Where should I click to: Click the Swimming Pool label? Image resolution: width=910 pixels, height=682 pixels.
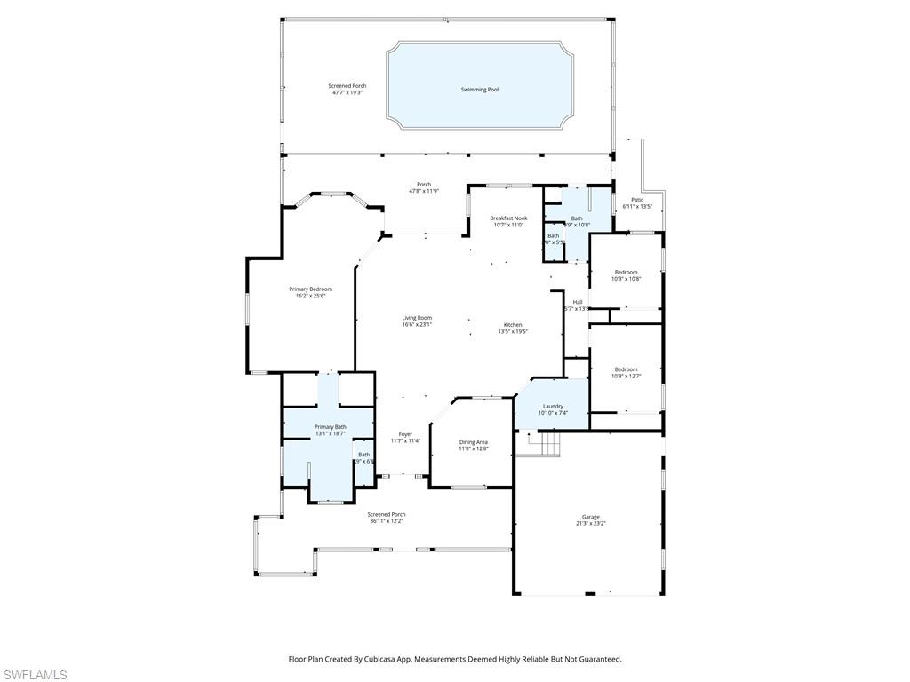click(x=479, y=90)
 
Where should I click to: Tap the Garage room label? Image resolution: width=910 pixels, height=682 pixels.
click(x=591, y=517)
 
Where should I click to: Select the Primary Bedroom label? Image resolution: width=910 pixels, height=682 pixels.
click(x=310, y=289)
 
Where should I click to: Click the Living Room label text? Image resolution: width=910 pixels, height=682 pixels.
click(x=417, y=318)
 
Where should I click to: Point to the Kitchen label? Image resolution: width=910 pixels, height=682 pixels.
click(x=513, y=325)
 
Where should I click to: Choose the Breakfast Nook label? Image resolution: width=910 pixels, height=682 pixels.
click(x=508, y=218)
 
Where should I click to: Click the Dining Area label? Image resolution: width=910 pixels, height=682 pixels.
click(x=473, y=442)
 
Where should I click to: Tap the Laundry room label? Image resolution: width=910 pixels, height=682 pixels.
click(x=553, y=407)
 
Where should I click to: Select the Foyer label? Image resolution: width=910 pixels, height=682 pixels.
click(x=405, y=434)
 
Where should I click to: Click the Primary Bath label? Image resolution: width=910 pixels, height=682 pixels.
click(x=330, y=427)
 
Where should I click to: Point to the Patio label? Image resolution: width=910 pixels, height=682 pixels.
click(x=637, y=200)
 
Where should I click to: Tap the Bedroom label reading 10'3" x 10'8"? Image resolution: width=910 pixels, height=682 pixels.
click(x=626, y=273)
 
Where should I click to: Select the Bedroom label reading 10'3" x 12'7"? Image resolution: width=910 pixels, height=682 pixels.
click(x=626, y=369)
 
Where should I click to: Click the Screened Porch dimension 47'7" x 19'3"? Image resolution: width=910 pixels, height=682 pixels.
click(x=347, y=92)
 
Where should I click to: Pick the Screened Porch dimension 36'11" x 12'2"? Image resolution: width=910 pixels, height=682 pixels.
click(x=387, y=521)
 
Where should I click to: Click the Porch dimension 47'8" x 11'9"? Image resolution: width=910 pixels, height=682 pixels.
click(x=424, y=191)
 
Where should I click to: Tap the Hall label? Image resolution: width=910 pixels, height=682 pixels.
click(x=578, y=302)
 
